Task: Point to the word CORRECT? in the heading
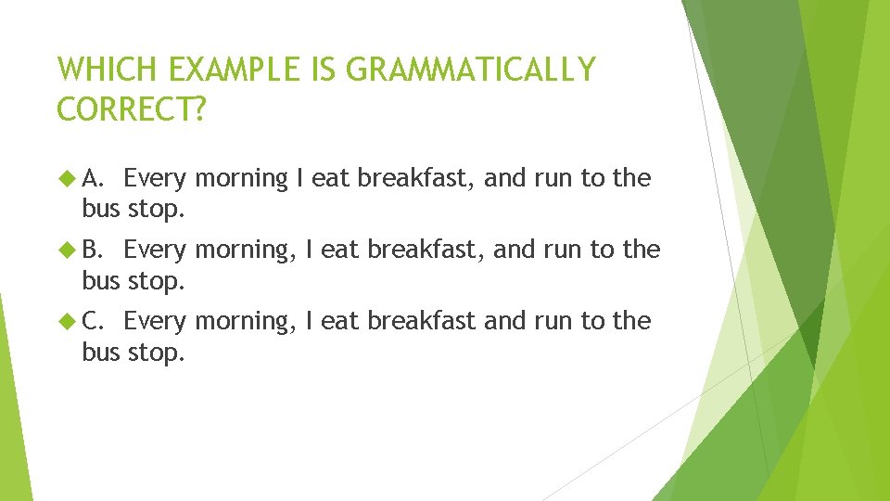[x=130, y=109]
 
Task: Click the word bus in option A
[x=101, y=209]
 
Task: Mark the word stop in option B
[x=156, y=280]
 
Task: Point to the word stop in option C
[x=156, y=352]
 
